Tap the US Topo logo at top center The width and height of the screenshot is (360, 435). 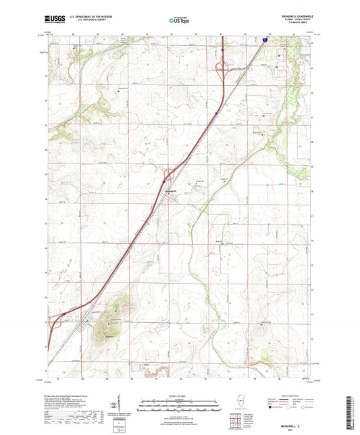180,22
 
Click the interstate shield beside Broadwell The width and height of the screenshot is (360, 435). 163,181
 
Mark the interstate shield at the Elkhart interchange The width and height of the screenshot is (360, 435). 63,314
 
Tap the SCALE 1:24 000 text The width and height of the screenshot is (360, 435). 180,396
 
